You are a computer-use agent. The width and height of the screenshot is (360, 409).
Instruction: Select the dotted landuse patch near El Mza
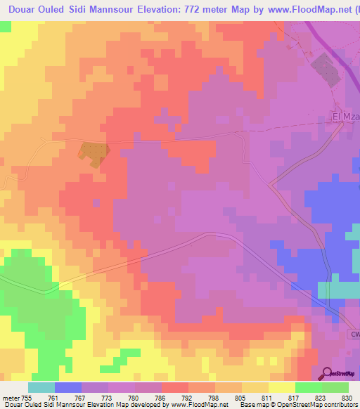point(324,68)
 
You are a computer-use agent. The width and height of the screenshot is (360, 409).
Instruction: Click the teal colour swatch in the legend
point(41,387)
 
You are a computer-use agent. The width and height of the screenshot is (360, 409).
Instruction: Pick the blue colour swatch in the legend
point(68,387)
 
